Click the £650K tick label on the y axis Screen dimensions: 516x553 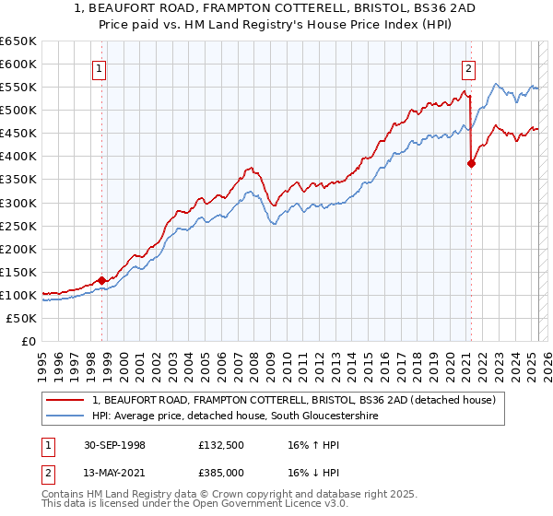pos(18,41)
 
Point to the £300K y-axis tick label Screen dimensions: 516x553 pos(18,203)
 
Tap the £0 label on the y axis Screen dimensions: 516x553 pos(29,341)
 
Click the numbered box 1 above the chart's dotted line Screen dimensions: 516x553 pos(98,66)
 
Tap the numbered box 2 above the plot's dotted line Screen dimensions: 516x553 pos(468,66)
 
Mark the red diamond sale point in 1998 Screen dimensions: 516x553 pos(102,280)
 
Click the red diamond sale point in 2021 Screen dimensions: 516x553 pos(471,164)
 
